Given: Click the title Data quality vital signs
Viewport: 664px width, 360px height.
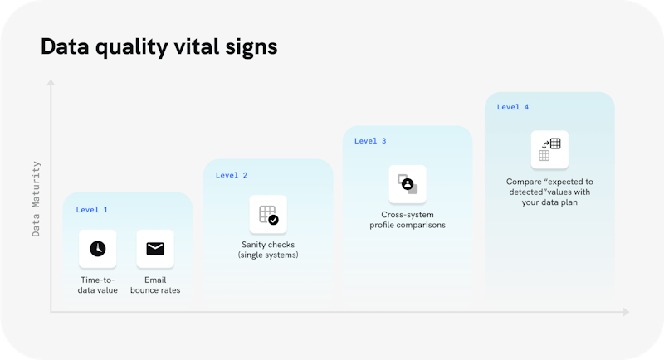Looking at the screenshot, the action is [x=159, y=47].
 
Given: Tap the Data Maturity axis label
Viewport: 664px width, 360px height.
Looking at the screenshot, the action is [x=36, y=199].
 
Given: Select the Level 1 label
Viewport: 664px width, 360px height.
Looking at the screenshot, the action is [x=91, y=209].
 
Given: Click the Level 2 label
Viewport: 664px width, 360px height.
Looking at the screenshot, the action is [x=232, y=175].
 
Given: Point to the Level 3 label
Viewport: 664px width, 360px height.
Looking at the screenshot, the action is [x=370, y=141].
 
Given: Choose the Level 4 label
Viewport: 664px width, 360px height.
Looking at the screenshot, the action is [x=513, y=107].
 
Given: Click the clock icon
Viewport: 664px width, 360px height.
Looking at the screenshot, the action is [x=98, y=249].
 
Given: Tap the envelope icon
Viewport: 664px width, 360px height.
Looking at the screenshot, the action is [x=155, y=249].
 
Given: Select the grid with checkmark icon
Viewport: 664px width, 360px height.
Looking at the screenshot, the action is [x=268, y=215].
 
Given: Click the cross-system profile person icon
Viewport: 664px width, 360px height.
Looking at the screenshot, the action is [x=408, y=184].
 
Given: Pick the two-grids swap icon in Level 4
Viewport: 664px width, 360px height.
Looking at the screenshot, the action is [x=549, y=149].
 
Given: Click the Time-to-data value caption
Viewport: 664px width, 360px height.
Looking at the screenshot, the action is [x=98, y=285].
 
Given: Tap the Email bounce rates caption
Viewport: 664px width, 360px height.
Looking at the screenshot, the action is [x=155, y=285].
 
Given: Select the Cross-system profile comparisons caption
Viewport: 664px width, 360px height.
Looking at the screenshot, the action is [x=408, y=220].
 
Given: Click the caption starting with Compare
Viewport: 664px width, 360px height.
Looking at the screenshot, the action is [x=549, y=192].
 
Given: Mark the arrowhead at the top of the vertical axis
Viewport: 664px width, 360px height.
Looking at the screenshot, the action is [x=51, y=82].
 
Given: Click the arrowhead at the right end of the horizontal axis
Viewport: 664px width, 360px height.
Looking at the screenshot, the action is [x=627, y=312].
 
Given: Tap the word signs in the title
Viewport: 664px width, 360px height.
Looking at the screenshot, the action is [x=251, y=48].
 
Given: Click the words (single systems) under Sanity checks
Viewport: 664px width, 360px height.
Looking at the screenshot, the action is [x=268, y=255].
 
